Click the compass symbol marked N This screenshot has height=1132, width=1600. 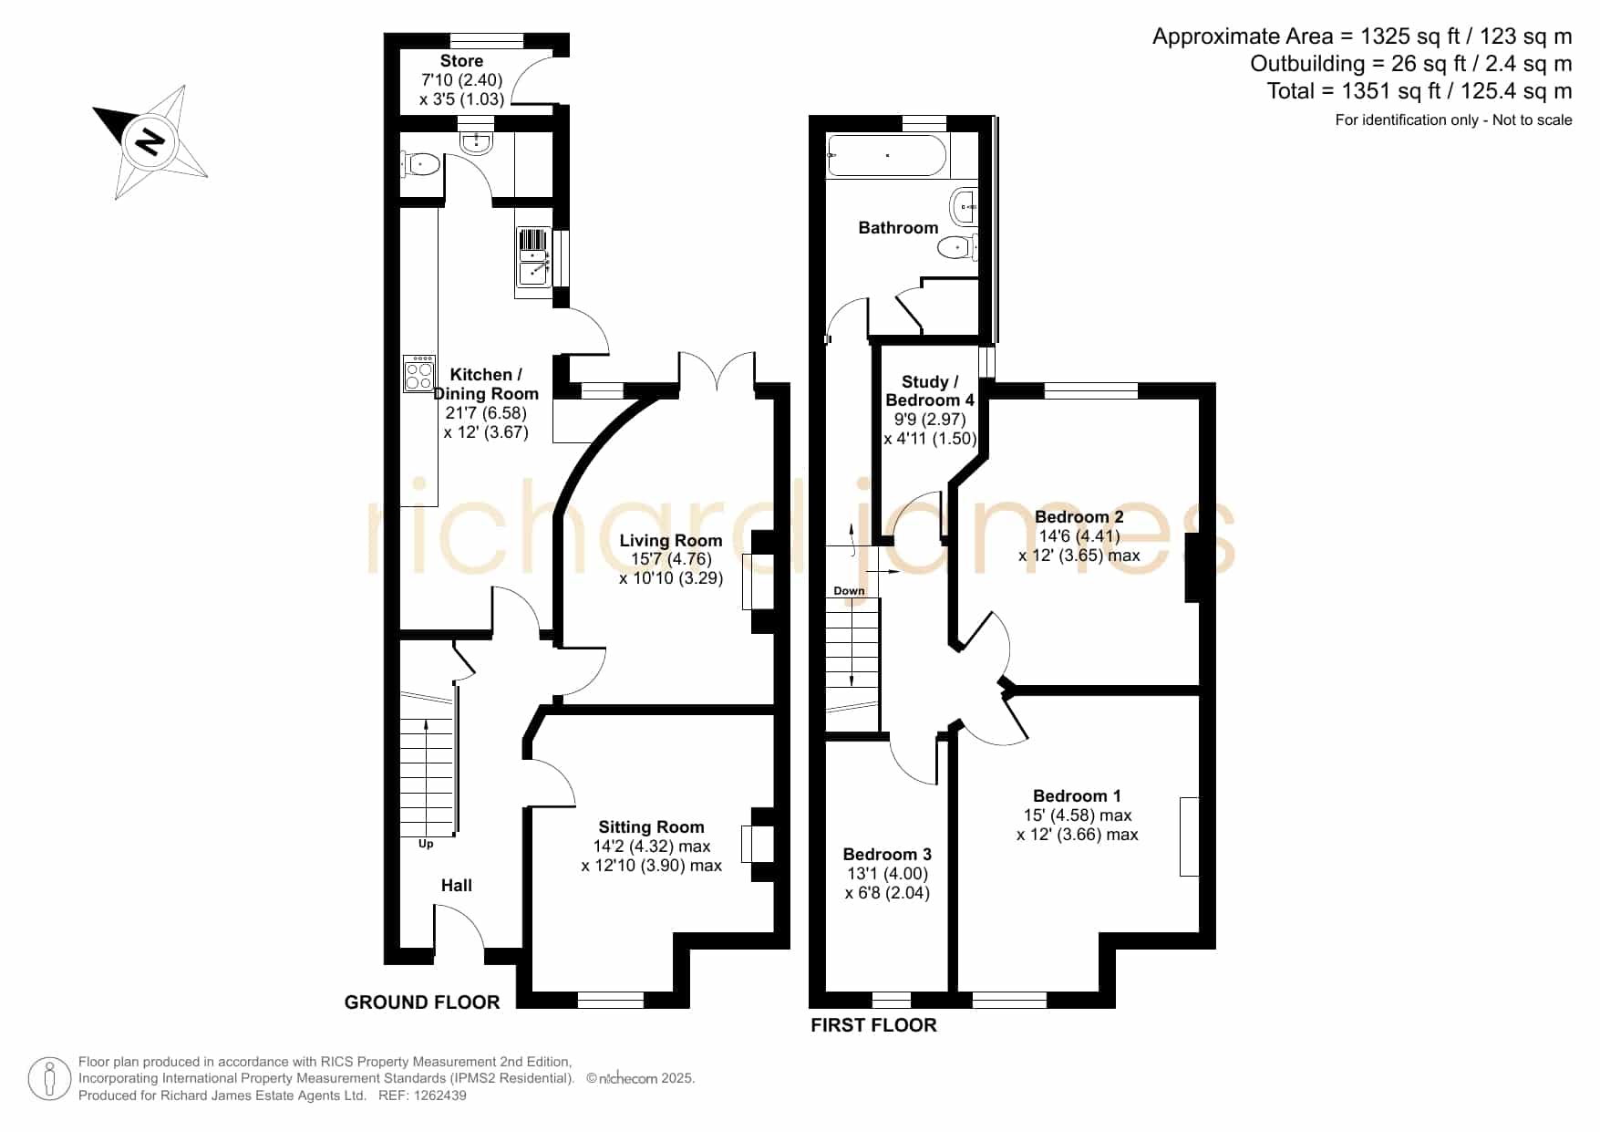[150, 142]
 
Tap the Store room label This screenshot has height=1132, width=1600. [461, 61]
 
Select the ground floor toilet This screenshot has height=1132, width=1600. [420, 165]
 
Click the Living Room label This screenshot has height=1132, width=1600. [670, 541]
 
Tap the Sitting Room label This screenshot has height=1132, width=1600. [651, 827]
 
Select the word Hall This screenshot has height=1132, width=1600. [457, 886]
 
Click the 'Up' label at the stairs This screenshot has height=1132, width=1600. [426, 844]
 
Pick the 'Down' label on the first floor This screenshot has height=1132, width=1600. [849, 591]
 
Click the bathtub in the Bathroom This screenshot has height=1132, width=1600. [888, 156]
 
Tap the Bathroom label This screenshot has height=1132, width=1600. [898, 228]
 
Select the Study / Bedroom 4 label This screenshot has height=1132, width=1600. [930, 391]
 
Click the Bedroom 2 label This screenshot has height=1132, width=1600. [1079, 517]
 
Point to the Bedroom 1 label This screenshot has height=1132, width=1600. [1077, 796]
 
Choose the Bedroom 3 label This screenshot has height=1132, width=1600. [887, 855]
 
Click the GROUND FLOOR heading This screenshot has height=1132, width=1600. [422, 1002]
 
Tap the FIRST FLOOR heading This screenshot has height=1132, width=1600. [873, 1025]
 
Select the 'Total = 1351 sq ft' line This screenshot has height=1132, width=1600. [1419, 91]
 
